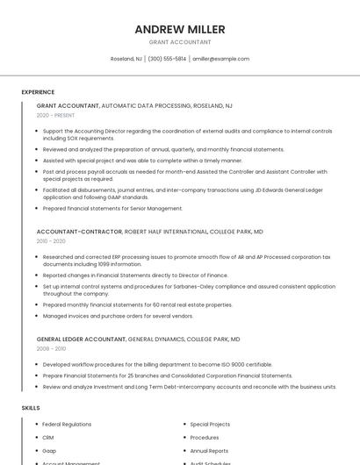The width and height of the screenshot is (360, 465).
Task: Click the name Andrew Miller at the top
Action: (x=180, y=29)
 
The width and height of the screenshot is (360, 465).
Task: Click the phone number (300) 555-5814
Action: (x=167, y=59)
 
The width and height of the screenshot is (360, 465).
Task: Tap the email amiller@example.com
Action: (x=221, y=59)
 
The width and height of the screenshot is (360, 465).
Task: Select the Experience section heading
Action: (x=38, y=92)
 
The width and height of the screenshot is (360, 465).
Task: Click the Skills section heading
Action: (x=31, y=408)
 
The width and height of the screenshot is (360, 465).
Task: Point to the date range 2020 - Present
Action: (x=55, y=115)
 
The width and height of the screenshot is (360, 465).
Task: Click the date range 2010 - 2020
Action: (x=51, y=241)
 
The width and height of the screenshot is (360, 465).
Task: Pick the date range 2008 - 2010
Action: (x=51, y=348)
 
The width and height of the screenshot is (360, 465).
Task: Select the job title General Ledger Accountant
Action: (x=82, y=339)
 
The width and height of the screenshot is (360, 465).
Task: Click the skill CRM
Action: (x=48, y=437)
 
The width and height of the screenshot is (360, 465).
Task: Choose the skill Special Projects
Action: (x=210, y=424)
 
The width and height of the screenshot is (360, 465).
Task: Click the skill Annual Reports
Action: (x=209, y=451)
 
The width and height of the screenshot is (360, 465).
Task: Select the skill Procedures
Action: (x=205, y=437)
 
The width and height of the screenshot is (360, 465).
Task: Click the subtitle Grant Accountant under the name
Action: (x=180, y=41)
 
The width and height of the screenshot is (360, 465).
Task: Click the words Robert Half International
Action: (x=166, y=232)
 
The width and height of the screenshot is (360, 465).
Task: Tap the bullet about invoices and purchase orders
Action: (x=118, y=316)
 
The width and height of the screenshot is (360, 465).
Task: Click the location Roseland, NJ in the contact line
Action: (x=126, y=59)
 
